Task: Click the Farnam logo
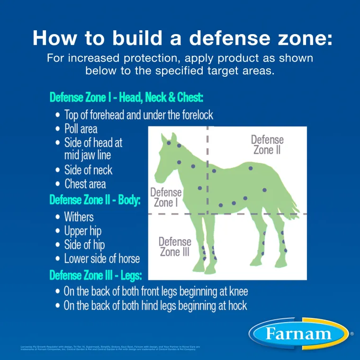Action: click(x=298, y=333)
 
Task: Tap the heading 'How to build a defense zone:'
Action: click(x=182, y=38)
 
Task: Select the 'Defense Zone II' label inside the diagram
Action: click(x=267, y=144)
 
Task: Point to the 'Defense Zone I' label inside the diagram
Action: click(x=166, y=197)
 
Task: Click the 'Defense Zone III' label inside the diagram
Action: click(x=175, y=246)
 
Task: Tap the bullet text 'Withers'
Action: click(x=79, y=217)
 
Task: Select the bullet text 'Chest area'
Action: click(x=85, y=184)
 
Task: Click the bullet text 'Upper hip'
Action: click(x=83, y=231)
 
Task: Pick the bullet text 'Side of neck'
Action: click(x=89, y=170)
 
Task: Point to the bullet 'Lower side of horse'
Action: click(x=102, y=259)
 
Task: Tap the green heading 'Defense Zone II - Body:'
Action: click(x=95, y=200)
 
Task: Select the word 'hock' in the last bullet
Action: click(x=235, y=306)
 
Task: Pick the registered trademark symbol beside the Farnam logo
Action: click(x=351, y=334)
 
